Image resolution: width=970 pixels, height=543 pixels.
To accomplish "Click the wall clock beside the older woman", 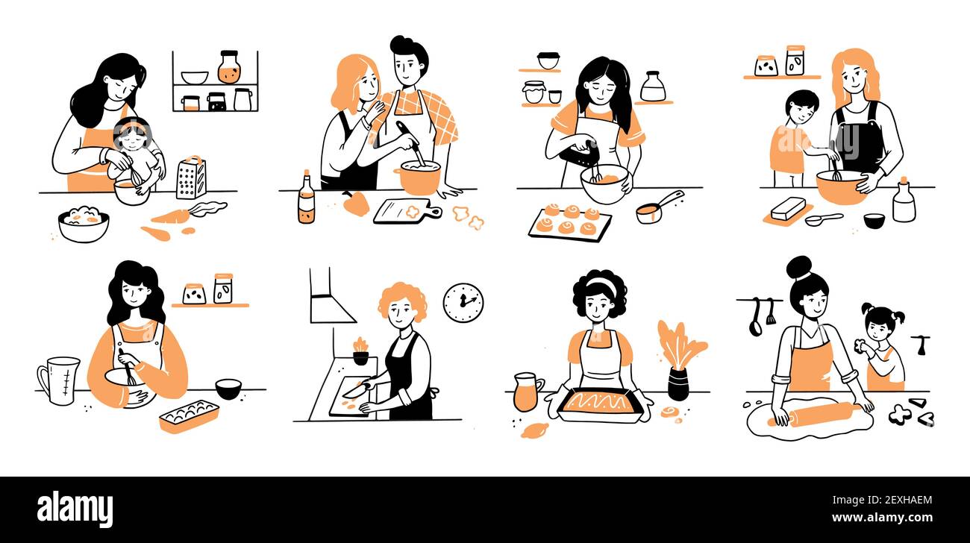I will [x=463, y=303].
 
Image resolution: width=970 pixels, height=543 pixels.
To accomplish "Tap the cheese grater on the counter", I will [x=191, y=178].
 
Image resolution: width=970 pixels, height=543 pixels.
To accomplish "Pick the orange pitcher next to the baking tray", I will [x=526, y=392].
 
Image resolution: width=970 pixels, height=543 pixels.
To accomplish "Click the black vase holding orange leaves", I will [x=678, y=384].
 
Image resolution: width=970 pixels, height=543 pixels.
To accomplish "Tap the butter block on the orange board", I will [x=788, y=208].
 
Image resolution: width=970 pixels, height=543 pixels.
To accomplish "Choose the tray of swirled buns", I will [x=569, y=222].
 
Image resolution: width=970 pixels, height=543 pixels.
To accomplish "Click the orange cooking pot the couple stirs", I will [x=418, y=178].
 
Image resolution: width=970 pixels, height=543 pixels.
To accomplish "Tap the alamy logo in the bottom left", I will [x=75, y=509].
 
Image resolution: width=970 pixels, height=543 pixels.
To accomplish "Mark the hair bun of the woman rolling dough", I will [x=798, y=267].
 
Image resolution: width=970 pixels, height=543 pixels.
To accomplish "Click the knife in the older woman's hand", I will [x=355, y=389].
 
